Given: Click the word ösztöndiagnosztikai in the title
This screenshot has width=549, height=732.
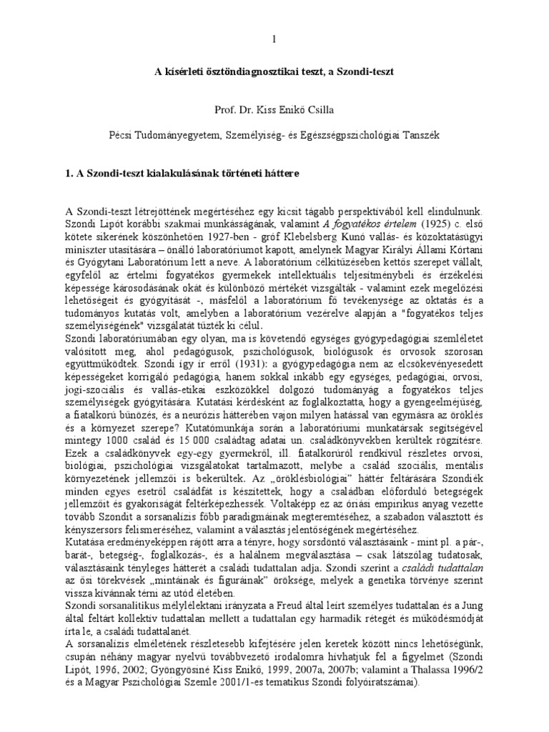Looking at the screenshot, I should tap(250, 72).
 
